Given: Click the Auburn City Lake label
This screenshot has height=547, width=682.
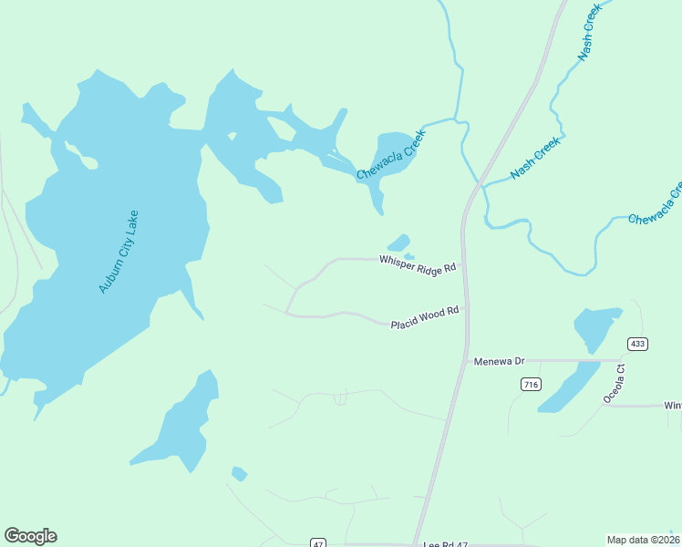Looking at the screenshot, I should pos(119,252).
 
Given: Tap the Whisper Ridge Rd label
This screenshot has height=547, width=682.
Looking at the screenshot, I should pos(417,264).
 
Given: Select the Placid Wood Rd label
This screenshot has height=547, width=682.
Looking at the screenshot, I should pos(424,319).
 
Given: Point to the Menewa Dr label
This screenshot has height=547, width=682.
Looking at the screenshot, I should pos(500,361).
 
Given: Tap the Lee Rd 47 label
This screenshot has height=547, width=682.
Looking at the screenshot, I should pos(446,543).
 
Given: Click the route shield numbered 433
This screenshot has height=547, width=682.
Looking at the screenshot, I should pos(637,343).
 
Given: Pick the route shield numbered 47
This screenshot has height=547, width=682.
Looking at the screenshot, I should pos(317,542).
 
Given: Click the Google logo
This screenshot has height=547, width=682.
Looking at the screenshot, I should pos(30,536).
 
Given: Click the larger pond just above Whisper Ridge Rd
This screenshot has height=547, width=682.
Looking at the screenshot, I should pos(398,243).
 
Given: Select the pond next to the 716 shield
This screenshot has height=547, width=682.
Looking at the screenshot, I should pos(567,388).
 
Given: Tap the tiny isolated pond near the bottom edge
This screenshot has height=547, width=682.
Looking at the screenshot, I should pos(239,473).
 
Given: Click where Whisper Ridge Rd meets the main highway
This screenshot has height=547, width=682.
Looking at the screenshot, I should pos(464,265).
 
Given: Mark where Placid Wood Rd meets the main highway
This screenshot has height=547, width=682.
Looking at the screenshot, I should pos(466,309).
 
